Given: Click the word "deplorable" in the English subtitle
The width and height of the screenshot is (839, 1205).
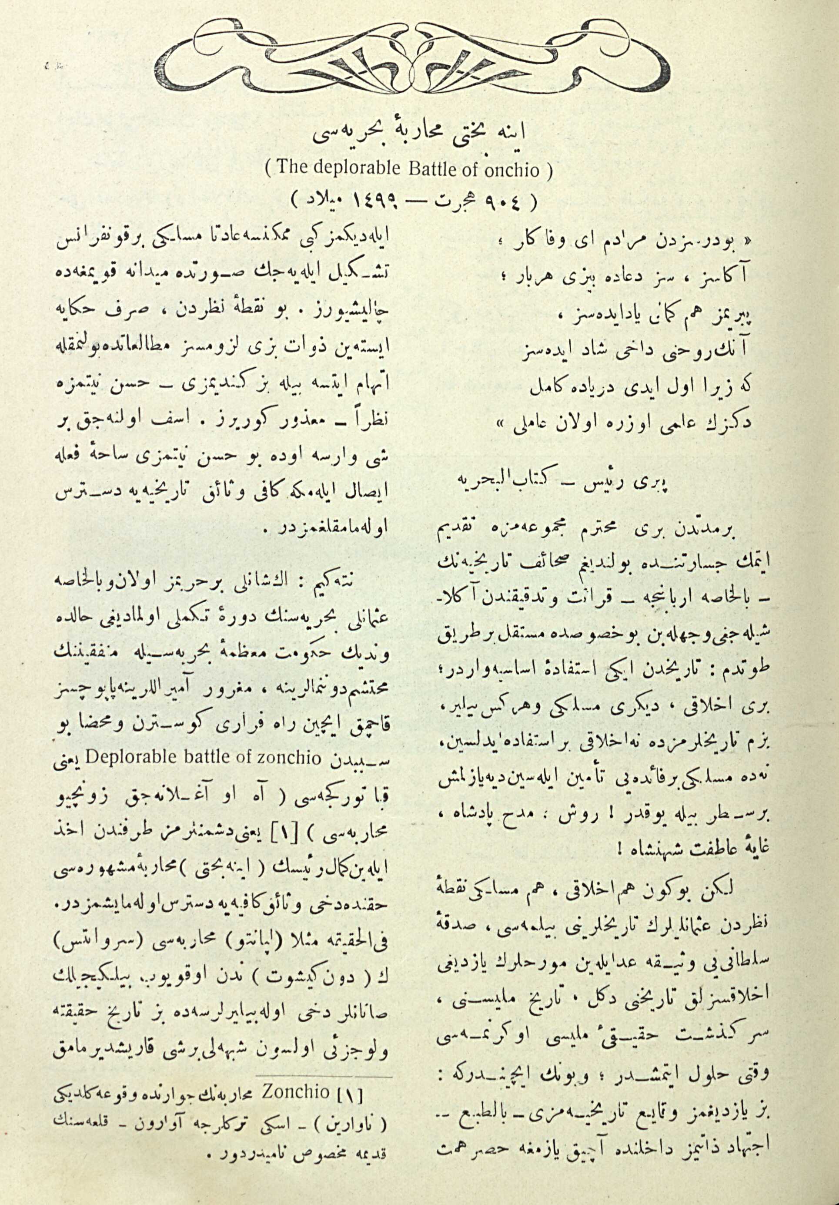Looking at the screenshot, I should pyautogui.click(x=350, y=170).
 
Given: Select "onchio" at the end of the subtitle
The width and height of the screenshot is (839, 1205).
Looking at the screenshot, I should pyautogui.click(x=511, y=170).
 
